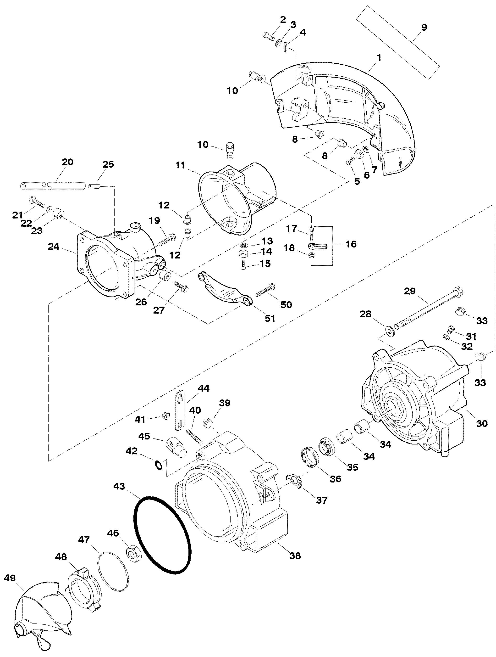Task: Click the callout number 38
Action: [295, 555]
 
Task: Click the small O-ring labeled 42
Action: [159, 465]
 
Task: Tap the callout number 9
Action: [424, 27]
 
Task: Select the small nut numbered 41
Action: [165, 416]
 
